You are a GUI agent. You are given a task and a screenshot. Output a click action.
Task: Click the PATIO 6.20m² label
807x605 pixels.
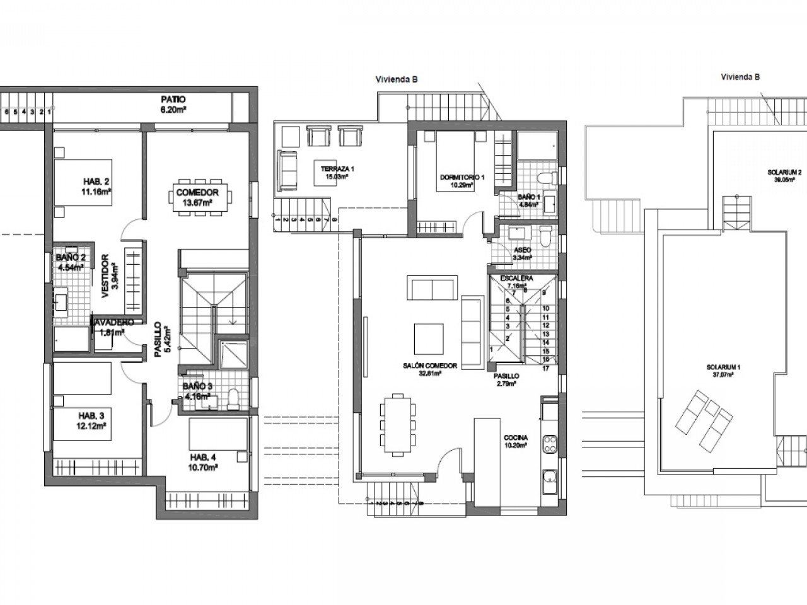pos(172,104)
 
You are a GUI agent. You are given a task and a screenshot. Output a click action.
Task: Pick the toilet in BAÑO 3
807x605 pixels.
pos(233,398)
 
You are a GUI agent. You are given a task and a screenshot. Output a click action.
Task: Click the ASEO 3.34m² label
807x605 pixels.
pos(522,253)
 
